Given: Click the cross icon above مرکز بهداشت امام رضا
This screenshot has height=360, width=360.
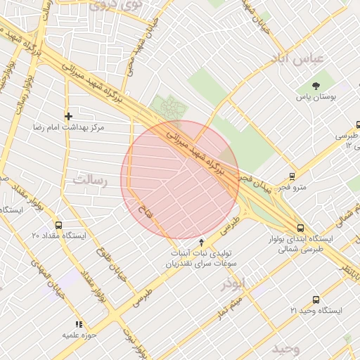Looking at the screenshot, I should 68,115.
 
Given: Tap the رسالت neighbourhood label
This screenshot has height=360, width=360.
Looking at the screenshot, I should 93,181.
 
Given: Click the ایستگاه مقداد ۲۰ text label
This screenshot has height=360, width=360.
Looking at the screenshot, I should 58,236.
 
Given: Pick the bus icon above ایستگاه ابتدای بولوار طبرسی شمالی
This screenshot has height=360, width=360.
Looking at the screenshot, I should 300,228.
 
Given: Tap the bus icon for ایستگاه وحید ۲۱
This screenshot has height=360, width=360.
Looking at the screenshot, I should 315,300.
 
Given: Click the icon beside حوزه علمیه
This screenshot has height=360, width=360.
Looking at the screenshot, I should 78,324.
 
